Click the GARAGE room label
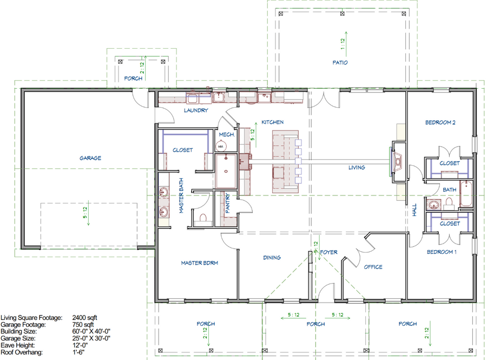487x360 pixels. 90,158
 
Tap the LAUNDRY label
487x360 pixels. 196,110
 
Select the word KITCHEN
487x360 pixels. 272,122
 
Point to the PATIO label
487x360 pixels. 340,62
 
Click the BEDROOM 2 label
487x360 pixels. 440,122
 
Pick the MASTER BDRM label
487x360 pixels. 199,263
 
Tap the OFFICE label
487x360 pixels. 373,267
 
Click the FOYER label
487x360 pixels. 328,252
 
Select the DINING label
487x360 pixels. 272,258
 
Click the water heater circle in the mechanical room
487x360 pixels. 221,146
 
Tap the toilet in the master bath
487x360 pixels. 203,218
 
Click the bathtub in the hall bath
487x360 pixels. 466,194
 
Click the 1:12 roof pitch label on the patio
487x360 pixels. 343,44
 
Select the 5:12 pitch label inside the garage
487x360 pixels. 85,213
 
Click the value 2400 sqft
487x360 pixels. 84,317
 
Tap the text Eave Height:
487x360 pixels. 18,345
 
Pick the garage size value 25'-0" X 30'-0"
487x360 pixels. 91,338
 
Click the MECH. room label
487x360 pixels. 227,134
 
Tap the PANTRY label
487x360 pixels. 227,203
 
